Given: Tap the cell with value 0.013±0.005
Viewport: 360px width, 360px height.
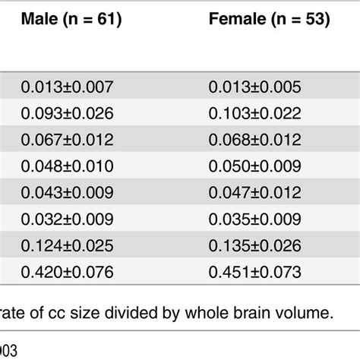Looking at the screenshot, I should coord(255,87).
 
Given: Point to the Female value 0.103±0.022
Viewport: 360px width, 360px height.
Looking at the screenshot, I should coord(255,113).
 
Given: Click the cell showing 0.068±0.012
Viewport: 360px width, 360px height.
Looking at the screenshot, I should coord(255,140).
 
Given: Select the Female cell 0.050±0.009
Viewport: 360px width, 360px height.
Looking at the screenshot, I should coord(255,166).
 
